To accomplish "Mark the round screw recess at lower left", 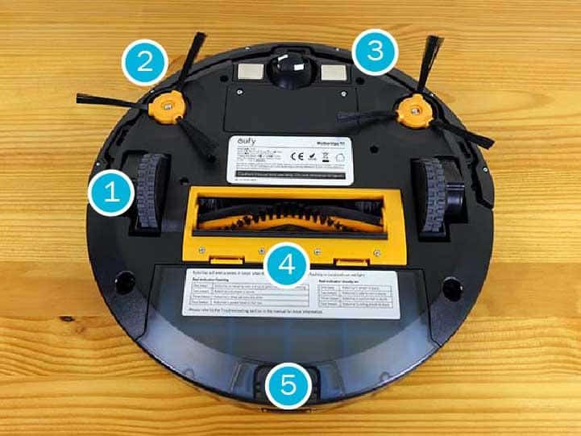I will tap(124, 284).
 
